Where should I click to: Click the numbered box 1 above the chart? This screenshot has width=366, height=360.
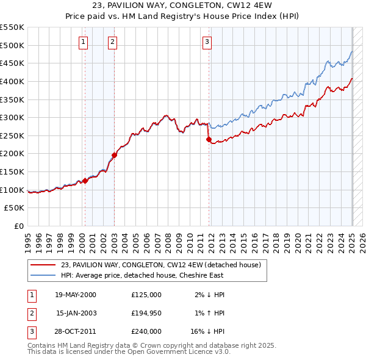tap(83, 42)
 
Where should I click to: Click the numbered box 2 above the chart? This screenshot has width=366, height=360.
tap(113, 42)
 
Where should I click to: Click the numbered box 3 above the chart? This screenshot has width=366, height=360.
tap(207, 42)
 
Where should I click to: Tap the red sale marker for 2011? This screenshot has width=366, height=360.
tap(209, 139)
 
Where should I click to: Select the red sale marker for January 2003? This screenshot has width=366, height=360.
tap(114, 155)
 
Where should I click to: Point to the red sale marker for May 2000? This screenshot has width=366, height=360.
tap(85, 180)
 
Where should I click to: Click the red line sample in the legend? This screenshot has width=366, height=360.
tap(42, 265)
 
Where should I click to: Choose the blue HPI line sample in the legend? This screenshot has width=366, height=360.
tap(42, 276)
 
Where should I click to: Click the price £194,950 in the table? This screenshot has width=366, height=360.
tap(146, 313)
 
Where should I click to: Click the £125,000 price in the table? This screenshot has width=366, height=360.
tap(146, 295)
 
